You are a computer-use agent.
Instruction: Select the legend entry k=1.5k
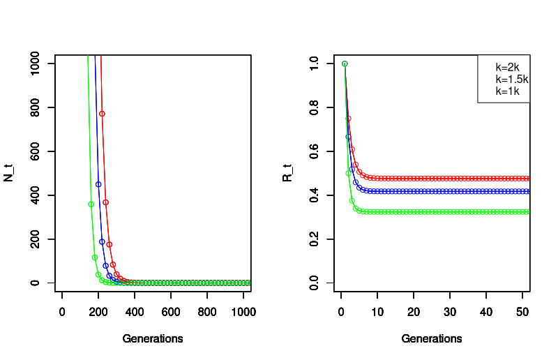click(511, 80)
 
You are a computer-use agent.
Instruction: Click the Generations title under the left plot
click(153, 339)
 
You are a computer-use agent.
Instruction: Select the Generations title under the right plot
click(432, 339)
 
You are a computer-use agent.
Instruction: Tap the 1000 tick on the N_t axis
click(38, 63)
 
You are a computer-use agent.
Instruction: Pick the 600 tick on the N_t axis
click(38, 151)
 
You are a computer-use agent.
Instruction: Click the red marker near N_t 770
click(102, 114)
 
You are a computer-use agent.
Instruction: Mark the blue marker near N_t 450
click(98, 184)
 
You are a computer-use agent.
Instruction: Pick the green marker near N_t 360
click(91, 204)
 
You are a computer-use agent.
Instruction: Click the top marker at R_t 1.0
click(345, 63)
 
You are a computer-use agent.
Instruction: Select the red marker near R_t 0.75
click(348, 119)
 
